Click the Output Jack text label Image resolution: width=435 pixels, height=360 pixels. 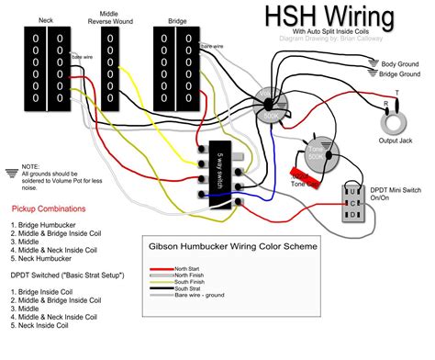click(396, 141)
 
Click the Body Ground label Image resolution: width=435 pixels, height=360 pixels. click(401, 62)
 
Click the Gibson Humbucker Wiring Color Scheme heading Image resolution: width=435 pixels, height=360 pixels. click(233, 248)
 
